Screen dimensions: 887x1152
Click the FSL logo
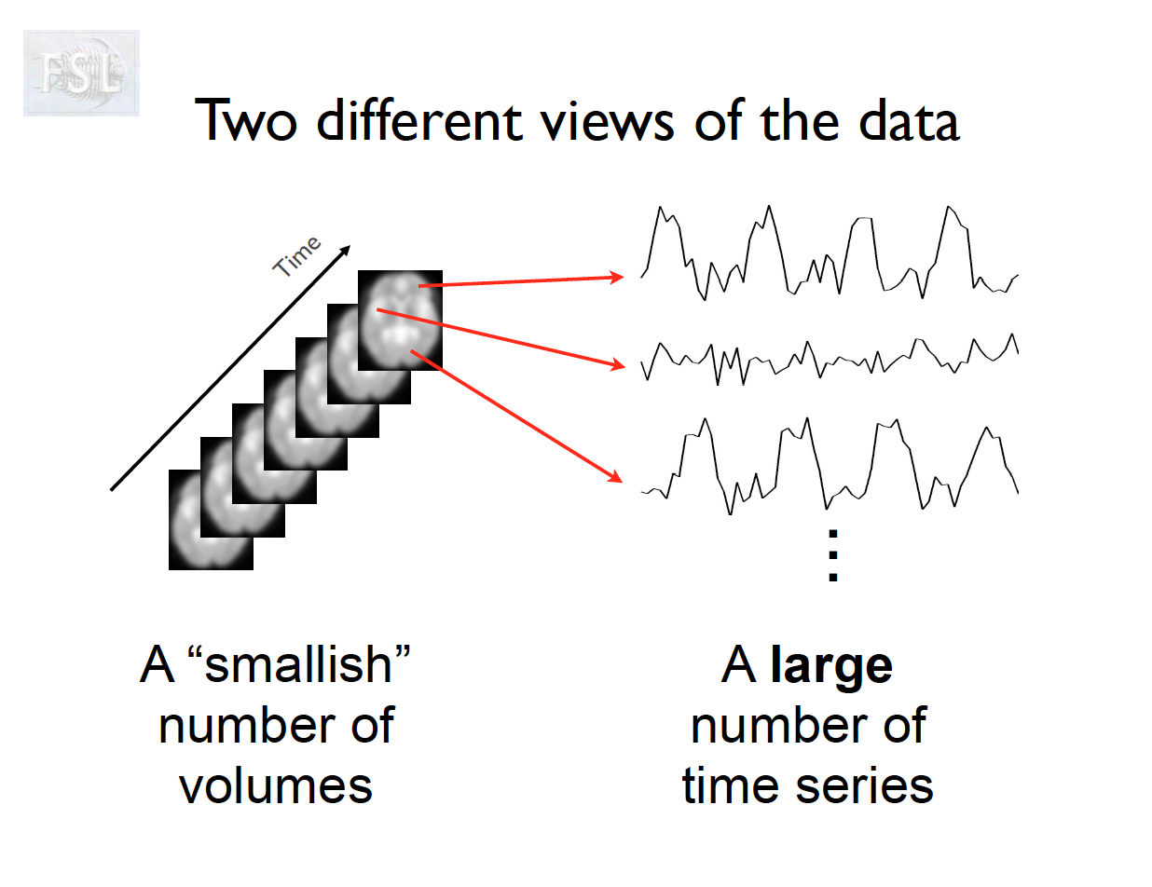[x=81, y=73]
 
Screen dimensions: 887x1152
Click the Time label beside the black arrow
[x=297, y=256]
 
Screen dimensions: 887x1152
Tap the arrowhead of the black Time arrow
[x=346, y=251]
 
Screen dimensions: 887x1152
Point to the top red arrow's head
[x=618, y=277]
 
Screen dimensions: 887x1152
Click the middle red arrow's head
[x=618, y=366]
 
